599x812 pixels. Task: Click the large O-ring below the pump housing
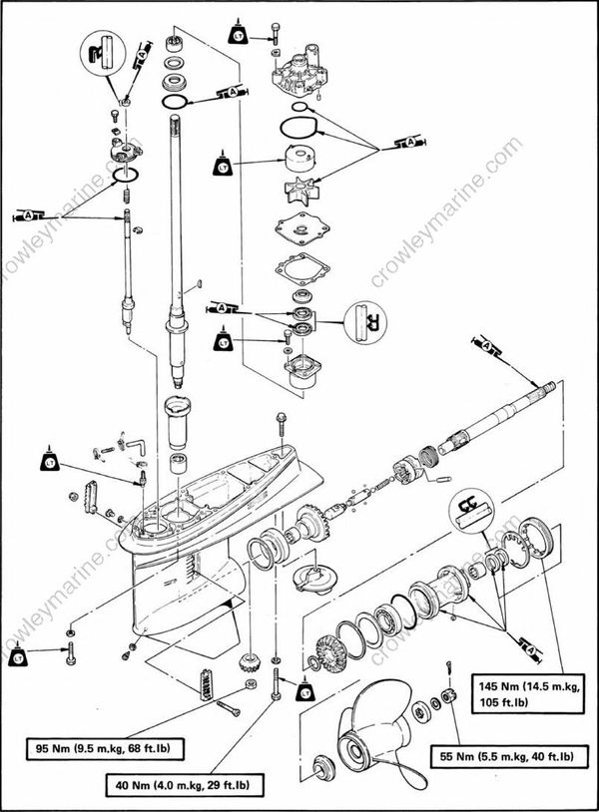[x=299, y=129]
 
